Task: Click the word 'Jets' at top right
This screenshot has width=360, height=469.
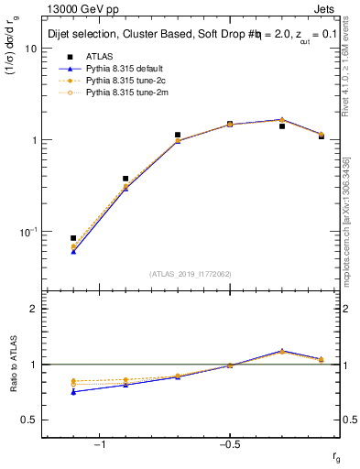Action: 328,9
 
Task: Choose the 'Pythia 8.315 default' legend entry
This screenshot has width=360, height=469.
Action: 129,69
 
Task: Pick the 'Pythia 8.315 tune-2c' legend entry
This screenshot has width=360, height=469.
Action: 129,81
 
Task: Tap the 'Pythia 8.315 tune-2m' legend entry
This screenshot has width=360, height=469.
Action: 129,93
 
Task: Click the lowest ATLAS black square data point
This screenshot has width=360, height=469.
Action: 73,238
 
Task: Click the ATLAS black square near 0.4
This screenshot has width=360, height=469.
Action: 125,179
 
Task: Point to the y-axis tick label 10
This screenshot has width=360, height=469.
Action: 30,49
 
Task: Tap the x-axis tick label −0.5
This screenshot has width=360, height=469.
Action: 227,444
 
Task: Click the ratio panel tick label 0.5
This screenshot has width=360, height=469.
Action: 29,420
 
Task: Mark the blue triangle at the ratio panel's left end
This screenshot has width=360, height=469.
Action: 73,392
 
